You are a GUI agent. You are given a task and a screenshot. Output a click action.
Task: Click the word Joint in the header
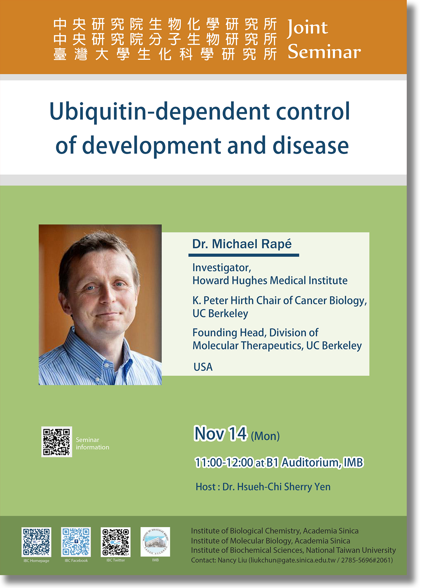coord(307,29)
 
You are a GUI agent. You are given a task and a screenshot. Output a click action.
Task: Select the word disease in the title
coord(311,145)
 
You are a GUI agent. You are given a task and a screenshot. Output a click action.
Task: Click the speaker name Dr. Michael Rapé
coord(242,244)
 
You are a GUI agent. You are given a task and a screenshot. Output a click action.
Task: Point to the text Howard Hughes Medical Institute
coord(270,281)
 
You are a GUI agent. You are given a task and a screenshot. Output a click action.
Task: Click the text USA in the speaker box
coord(203,367)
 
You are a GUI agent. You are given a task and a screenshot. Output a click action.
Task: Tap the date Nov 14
coord(220,434)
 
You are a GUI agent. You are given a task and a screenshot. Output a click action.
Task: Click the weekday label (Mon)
coord(265,436)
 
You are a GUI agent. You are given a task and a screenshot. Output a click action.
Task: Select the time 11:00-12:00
coord(224,463)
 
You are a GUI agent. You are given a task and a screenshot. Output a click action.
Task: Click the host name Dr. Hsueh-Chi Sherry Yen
coord(276,487)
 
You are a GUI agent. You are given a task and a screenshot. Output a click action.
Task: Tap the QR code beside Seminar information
coord(57,442)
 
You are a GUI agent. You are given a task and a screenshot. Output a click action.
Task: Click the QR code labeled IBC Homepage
coord(36,542)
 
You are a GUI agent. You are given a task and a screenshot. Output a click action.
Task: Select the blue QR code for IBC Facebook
coord(76,542)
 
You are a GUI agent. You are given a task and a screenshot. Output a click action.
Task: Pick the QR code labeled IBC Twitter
coord(116,542)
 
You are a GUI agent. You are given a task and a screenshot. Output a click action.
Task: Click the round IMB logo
coord(155,542)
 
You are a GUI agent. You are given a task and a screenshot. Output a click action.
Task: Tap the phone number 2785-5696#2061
coord(366,560)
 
